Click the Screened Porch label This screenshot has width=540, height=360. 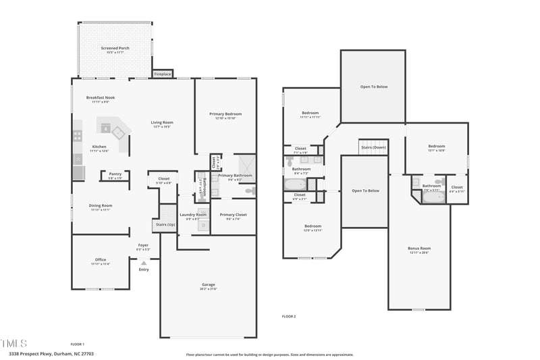point(115,49)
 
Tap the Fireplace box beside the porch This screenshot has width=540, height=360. point(163,74)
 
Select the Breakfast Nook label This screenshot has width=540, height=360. point(101,97)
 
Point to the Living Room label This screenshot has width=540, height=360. point(162,122)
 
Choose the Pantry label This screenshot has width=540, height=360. point(115,174)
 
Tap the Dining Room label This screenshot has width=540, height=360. point(101,205)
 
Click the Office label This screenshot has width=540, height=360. point(101,259)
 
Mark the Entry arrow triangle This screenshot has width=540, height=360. point(143,263)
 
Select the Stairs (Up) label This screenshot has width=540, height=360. point(165,224)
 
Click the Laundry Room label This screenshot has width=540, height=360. point(192,215)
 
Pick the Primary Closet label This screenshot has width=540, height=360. point(233,215)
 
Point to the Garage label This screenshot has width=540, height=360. point(208,284)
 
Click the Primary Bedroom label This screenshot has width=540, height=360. point(225,114)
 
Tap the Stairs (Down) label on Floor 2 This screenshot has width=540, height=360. point(373,147)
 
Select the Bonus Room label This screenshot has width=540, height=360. point(418,248)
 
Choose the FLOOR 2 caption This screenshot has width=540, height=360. point(288,316)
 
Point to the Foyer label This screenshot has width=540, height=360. point(143,245)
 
